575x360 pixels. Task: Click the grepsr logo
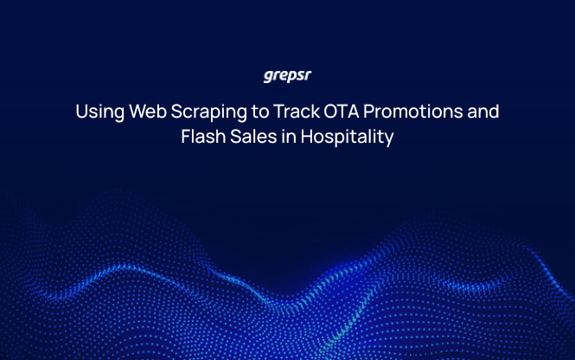pos(287,75)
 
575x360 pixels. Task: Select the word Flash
pos(201,137)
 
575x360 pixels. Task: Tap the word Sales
pos(251,137)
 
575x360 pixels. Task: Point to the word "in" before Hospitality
pos(287,137)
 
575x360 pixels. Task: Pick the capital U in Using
pos(81,112)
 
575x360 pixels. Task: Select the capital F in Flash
pos(186,137)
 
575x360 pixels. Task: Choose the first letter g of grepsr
pos(268,76)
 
